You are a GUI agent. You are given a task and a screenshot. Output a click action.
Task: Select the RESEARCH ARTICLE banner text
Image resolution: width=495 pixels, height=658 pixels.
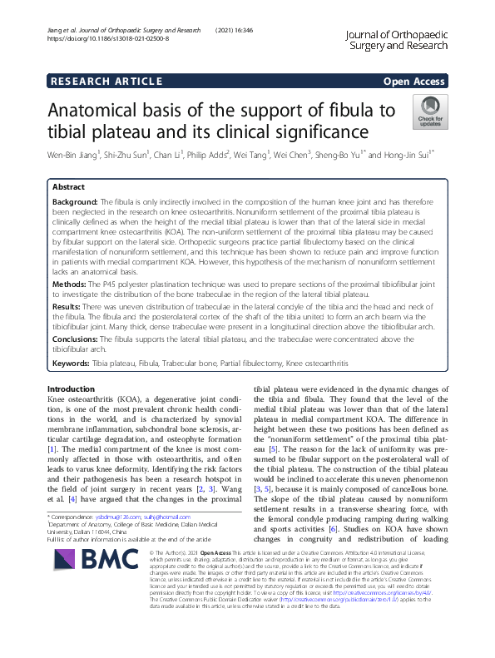tap(106, 81)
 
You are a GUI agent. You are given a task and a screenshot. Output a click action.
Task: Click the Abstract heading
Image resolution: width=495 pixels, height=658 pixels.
tap(69, 188)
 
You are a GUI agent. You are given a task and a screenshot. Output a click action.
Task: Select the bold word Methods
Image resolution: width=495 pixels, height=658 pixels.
tap(70, 284)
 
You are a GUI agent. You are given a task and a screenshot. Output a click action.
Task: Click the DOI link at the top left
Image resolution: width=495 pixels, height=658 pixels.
tap(108, 38)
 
